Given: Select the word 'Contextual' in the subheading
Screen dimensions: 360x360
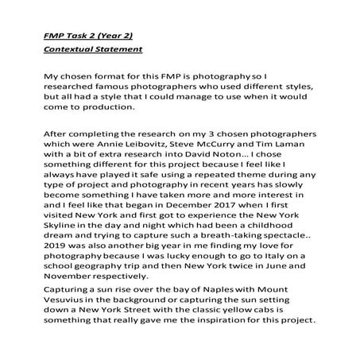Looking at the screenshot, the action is coord(70,50).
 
